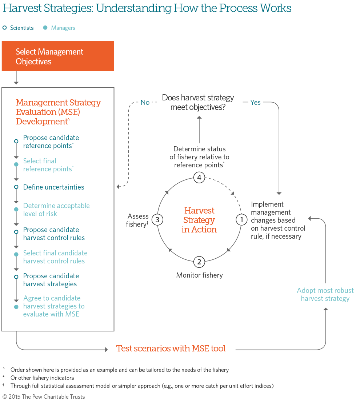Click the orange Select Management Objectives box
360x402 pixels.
point(58,56)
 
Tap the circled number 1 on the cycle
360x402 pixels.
point(241,220)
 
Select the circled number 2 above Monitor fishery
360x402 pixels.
point(199,262)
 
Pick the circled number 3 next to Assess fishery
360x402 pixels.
point(157,220)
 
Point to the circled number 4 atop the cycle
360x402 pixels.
point(199,178)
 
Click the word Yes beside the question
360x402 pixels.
point(255,103)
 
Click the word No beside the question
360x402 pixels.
point(145,103)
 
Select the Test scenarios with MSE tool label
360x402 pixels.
point(171,349)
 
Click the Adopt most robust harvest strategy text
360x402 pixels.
point(325,295)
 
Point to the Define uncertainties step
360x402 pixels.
point(53,187)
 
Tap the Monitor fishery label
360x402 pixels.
point(199,275)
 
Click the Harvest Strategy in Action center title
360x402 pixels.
point(199,220)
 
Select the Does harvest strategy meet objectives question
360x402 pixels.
point(198,102)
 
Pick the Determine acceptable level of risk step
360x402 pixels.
point(56,210)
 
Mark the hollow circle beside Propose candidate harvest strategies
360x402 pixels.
point(16,277)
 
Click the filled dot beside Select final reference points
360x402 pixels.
point(16,164)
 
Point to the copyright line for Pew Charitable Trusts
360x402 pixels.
point(44,397)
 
